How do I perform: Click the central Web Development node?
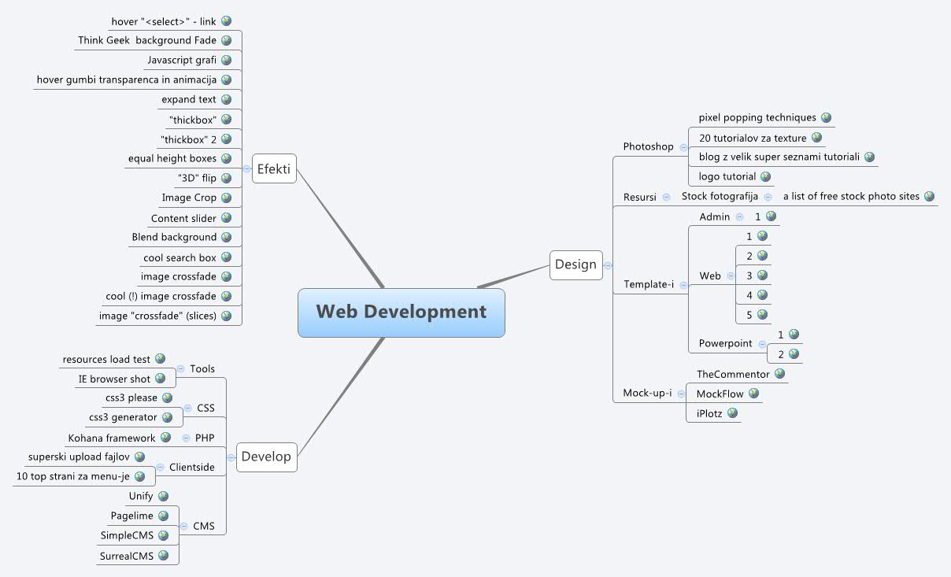click(401, 313)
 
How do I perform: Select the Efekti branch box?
click(275, 168)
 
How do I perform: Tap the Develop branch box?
click(266, 457)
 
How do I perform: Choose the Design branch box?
click(575, 264)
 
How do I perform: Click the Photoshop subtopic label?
click(648, 146)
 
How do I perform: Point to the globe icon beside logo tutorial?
click(765, 176)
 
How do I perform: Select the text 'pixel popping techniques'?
click(757, 117)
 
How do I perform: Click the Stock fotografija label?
click(720, 196)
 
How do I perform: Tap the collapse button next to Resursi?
click(667, 197)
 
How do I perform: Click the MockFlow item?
click(720, 394)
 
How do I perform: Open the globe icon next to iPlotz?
click(732, 412)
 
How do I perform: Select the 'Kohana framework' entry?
click(112, 438)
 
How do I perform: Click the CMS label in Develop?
click(203, 527)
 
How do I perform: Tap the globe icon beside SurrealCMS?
click(164, 555)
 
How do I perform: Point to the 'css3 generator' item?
click(123, 417)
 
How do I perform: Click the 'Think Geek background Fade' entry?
click(147, 40)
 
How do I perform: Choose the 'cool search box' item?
click(179, 257)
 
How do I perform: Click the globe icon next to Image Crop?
click(226, 198)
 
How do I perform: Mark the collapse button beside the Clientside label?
click(160, 467)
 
